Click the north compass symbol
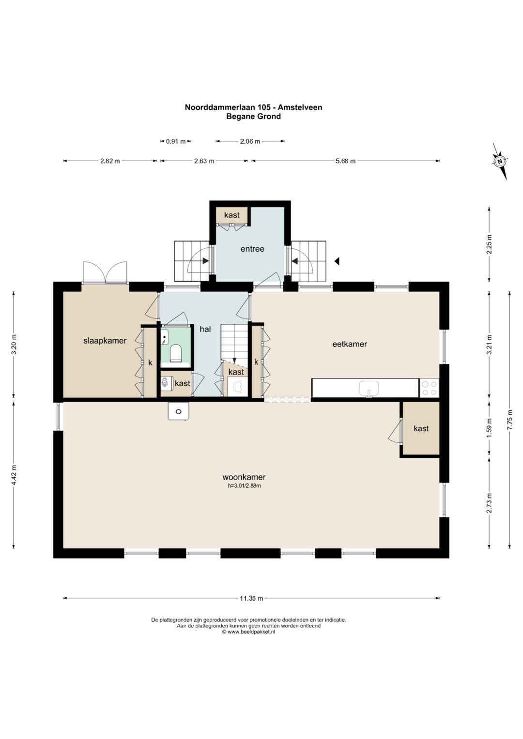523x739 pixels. pyautogui.click(x=500, y=161)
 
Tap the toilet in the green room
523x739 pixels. pyautogui.click(x=175, y=353)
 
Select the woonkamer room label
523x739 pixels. pyautogui.click(x=244, y=477)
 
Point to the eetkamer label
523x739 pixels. pyautogui.click(x=349, y=344)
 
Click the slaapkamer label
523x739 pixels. pyautogui.click(x=105, y=341)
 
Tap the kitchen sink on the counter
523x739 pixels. pyautogui.click(x=369, y=388)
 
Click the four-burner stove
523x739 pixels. pyautogui.click(x=429, y=388)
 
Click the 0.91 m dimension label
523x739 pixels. pyautogui.click(x=176, y=141)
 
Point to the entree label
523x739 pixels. pyautogui.click(x=252, y=249)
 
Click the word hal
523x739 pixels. pyautogui.click(x=205, y=329)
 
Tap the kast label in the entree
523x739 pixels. pyautogui.click(x=231, y=215)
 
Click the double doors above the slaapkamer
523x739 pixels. pyautogui.click(x=106, y=272)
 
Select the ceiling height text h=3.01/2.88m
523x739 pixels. pyautogui.click(x=245, y=485)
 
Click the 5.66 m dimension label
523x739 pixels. pyautogui.click(x=345, y=161)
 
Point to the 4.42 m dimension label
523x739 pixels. pyautogui.click(x=14, y=475)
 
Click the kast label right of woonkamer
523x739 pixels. pyautogui.click(x=421, y=429)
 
